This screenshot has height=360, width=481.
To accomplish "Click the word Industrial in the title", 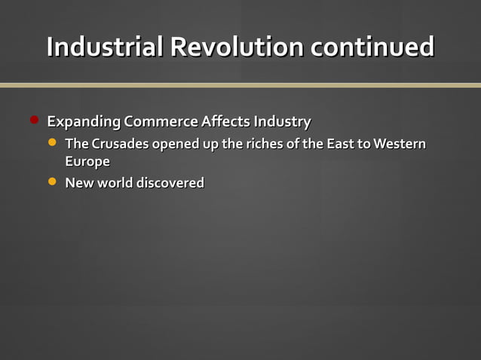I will [105, 47].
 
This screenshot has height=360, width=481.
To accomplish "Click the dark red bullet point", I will [34, 120].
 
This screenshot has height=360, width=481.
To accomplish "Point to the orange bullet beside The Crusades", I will [52, 142].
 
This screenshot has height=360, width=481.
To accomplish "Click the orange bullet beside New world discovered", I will [52, 182].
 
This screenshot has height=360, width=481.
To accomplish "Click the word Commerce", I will [161, 121].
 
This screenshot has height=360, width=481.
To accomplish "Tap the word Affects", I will [225, 121].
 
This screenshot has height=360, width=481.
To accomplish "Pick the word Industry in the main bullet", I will [282, 121].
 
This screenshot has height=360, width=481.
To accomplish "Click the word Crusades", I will [120, 144].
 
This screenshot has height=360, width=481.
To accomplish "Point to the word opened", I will [175, 144].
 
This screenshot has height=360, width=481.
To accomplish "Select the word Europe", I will [87, 162].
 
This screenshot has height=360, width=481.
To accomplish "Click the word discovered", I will [170, 183].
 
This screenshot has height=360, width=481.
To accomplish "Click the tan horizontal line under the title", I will [240, 85].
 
